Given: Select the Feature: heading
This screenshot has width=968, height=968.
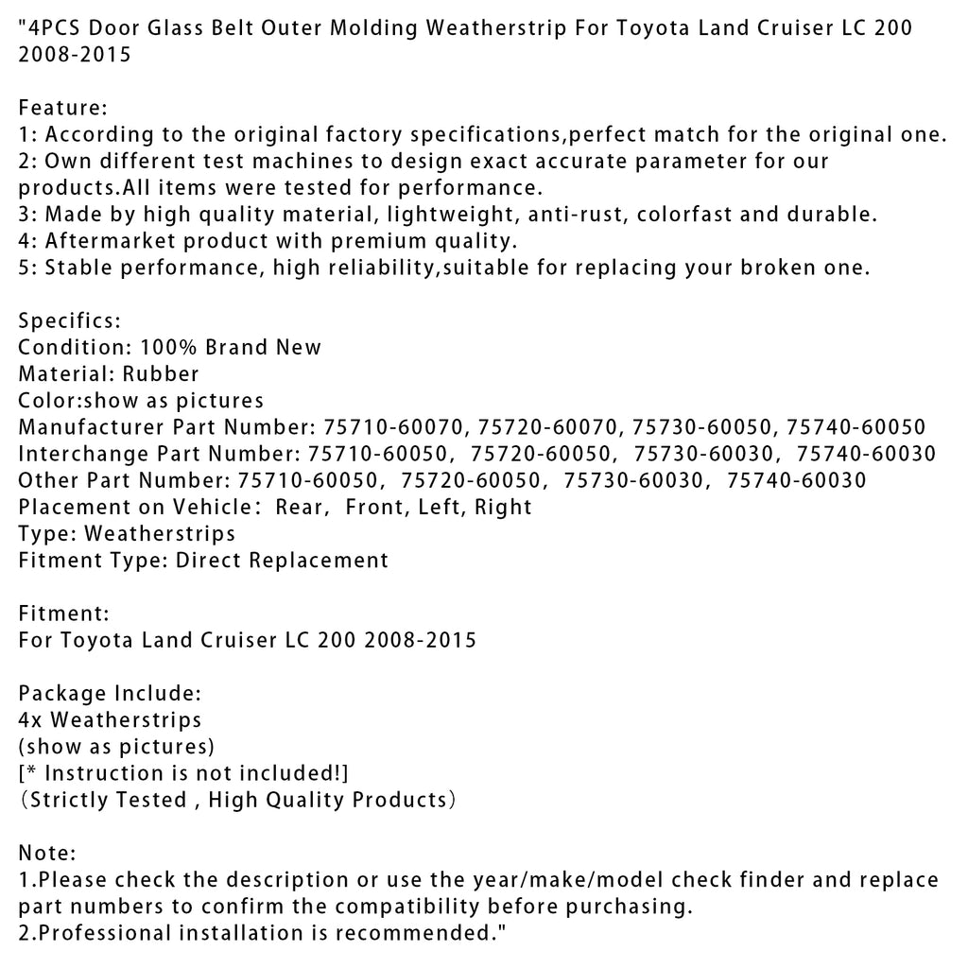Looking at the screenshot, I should click(63, 108).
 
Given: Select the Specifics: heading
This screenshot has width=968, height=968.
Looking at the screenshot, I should click(69, 321).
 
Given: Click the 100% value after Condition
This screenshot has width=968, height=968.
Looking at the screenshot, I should click(168, 347).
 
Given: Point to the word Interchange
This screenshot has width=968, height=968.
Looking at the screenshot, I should click(83, 454).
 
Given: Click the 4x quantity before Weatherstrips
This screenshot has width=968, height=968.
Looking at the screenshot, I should click(30, 720).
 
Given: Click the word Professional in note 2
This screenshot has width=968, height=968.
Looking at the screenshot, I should click(105, 935).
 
